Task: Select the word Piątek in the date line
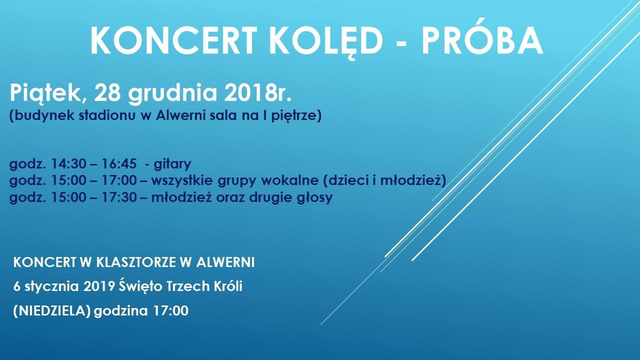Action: [45, 93]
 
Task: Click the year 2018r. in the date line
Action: [257, 93]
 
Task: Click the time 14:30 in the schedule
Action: [68, 163]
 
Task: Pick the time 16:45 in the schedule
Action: [119, 163]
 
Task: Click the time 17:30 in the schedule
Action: [119, 197]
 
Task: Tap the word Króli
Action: [228, 286]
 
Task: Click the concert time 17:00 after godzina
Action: [171, 311]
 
